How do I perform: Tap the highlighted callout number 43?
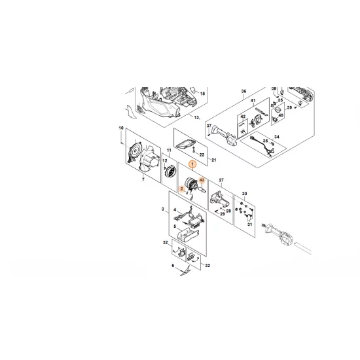coord(202,179)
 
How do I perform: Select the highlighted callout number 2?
coord(181,189)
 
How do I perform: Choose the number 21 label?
coord(203,160)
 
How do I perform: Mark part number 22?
coord(202,154)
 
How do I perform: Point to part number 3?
coord(162,208)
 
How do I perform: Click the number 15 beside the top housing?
coord(203,94)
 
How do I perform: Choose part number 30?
coord(244,194)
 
